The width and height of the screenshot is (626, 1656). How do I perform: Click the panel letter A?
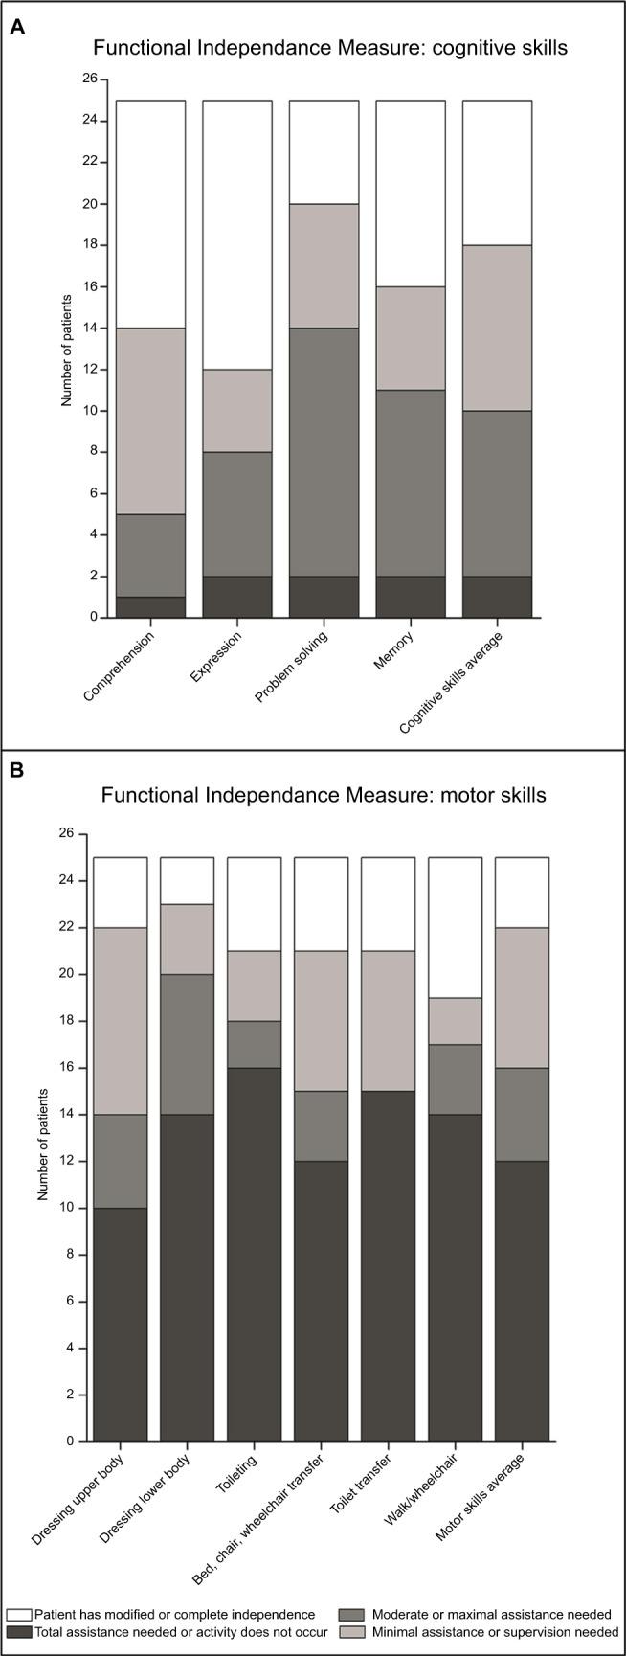pos(17,28)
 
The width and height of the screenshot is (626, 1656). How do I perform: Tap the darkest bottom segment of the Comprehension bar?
pos(150,607)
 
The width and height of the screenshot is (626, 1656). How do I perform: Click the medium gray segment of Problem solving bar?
pos(324,452)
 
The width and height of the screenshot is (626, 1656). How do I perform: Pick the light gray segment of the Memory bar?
pos(410,338)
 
